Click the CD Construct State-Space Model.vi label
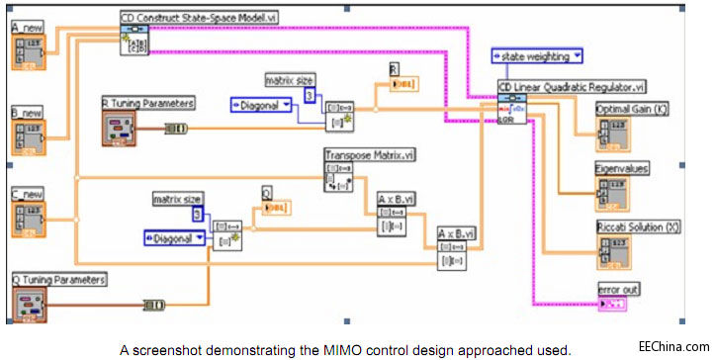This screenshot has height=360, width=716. (185, 17)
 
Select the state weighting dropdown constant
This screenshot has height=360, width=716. (537, 56)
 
